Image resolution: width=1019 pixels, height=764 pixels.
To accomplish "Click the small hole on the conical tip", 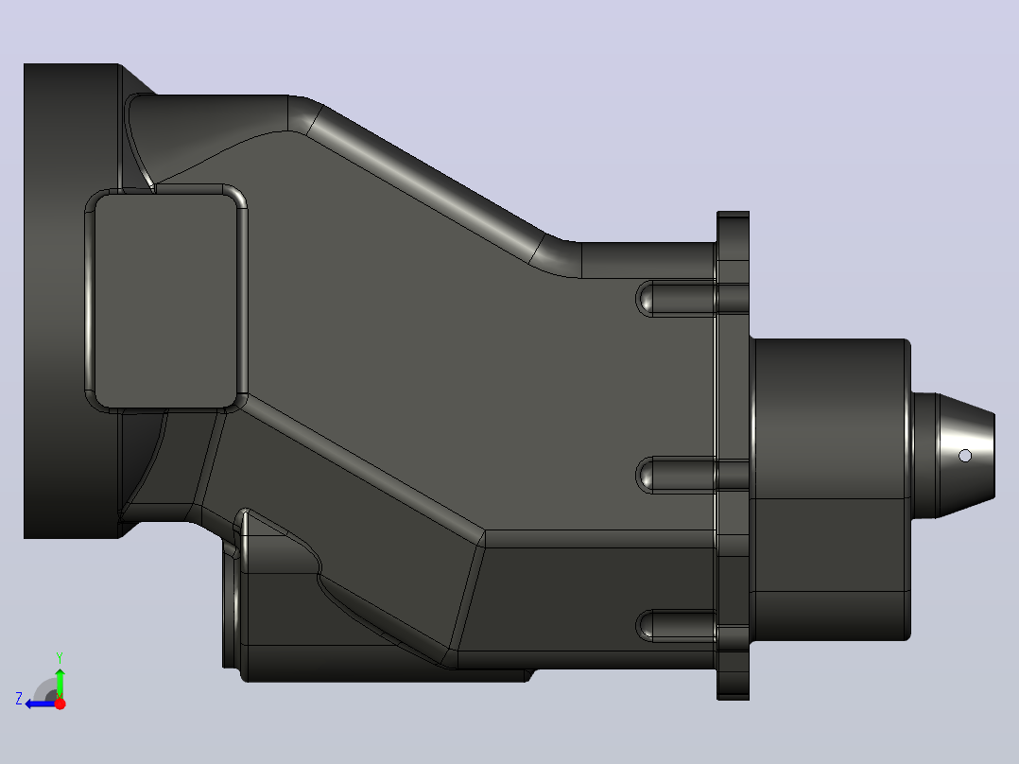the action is point(965,456).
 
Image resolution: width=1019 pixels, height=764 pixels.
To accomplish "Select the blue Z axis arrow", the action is point(42,703).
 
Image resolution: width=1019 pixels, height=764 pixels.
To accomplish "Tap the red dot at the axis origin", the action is point(60,703).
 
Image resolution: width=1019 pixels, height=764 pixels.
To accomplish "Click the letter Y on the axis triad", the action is point(60,657).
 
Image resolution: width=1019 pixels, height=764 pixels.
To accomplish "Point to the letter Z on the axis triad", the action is point(19,699).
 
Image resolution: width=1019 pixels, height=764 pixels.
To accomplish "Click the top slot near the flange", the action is point(676,299).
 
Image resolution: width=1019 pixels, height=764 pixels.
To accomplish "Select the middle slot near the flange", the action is point(676,475).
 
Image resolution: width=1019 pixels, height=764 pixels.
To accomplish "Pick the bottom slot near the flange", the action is point(676,626).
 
